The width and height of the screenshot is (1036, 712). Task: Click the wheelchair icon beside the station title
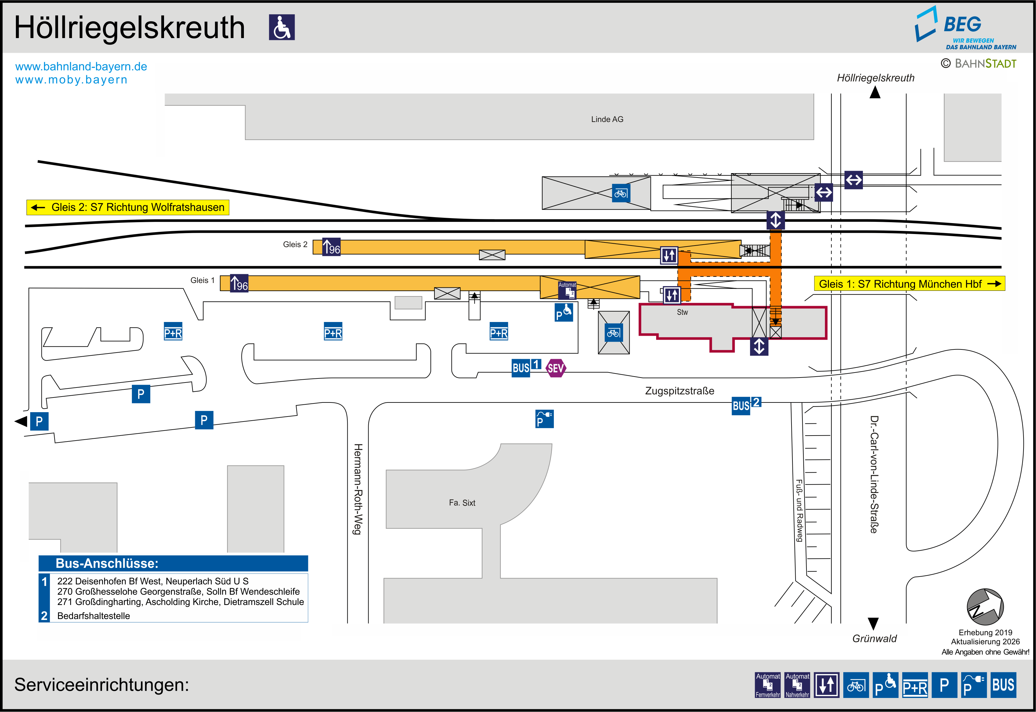[x=282, y=27]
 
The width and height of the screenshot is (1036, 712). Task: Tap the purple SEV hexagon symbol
[x=555, y=368]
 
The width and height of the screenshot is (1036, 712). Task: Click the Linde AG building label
[x=607, y=119]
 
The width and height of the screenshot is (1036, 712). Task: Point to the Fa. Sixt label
[x=462, y=503]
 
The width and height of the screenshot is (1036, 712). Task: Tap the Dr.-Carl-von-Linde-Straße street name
[x=874, y=474]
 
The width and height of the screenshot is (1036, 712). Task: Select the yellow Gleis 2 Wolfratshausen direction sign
[x=128, y=207]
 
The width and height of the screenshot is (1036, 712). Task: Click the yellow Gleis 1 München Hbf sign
[x=909, y=284]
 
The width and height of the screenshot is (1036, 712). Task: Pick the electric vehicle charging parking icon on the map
[x=544, y=419]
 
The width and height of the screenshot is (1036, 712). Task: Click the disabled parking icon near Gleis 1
[x=564, y=312]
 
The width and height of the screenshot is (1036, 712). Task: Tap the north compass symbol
[x=985, y=607]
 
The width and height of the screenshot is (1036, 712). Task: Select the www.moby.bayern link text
[x=71, y=80]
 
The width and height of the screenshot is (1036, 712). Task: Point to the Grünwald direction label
[x=874, y=638]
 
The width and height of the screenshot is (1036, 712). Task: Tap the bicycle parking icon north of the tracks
[x=621, y=193]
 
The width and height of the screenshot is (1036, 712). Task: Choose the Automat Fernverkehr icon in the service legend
[x=767, y=685]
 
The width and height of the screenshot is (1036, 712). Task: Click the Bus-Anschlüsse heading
[x=107, y=563]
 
